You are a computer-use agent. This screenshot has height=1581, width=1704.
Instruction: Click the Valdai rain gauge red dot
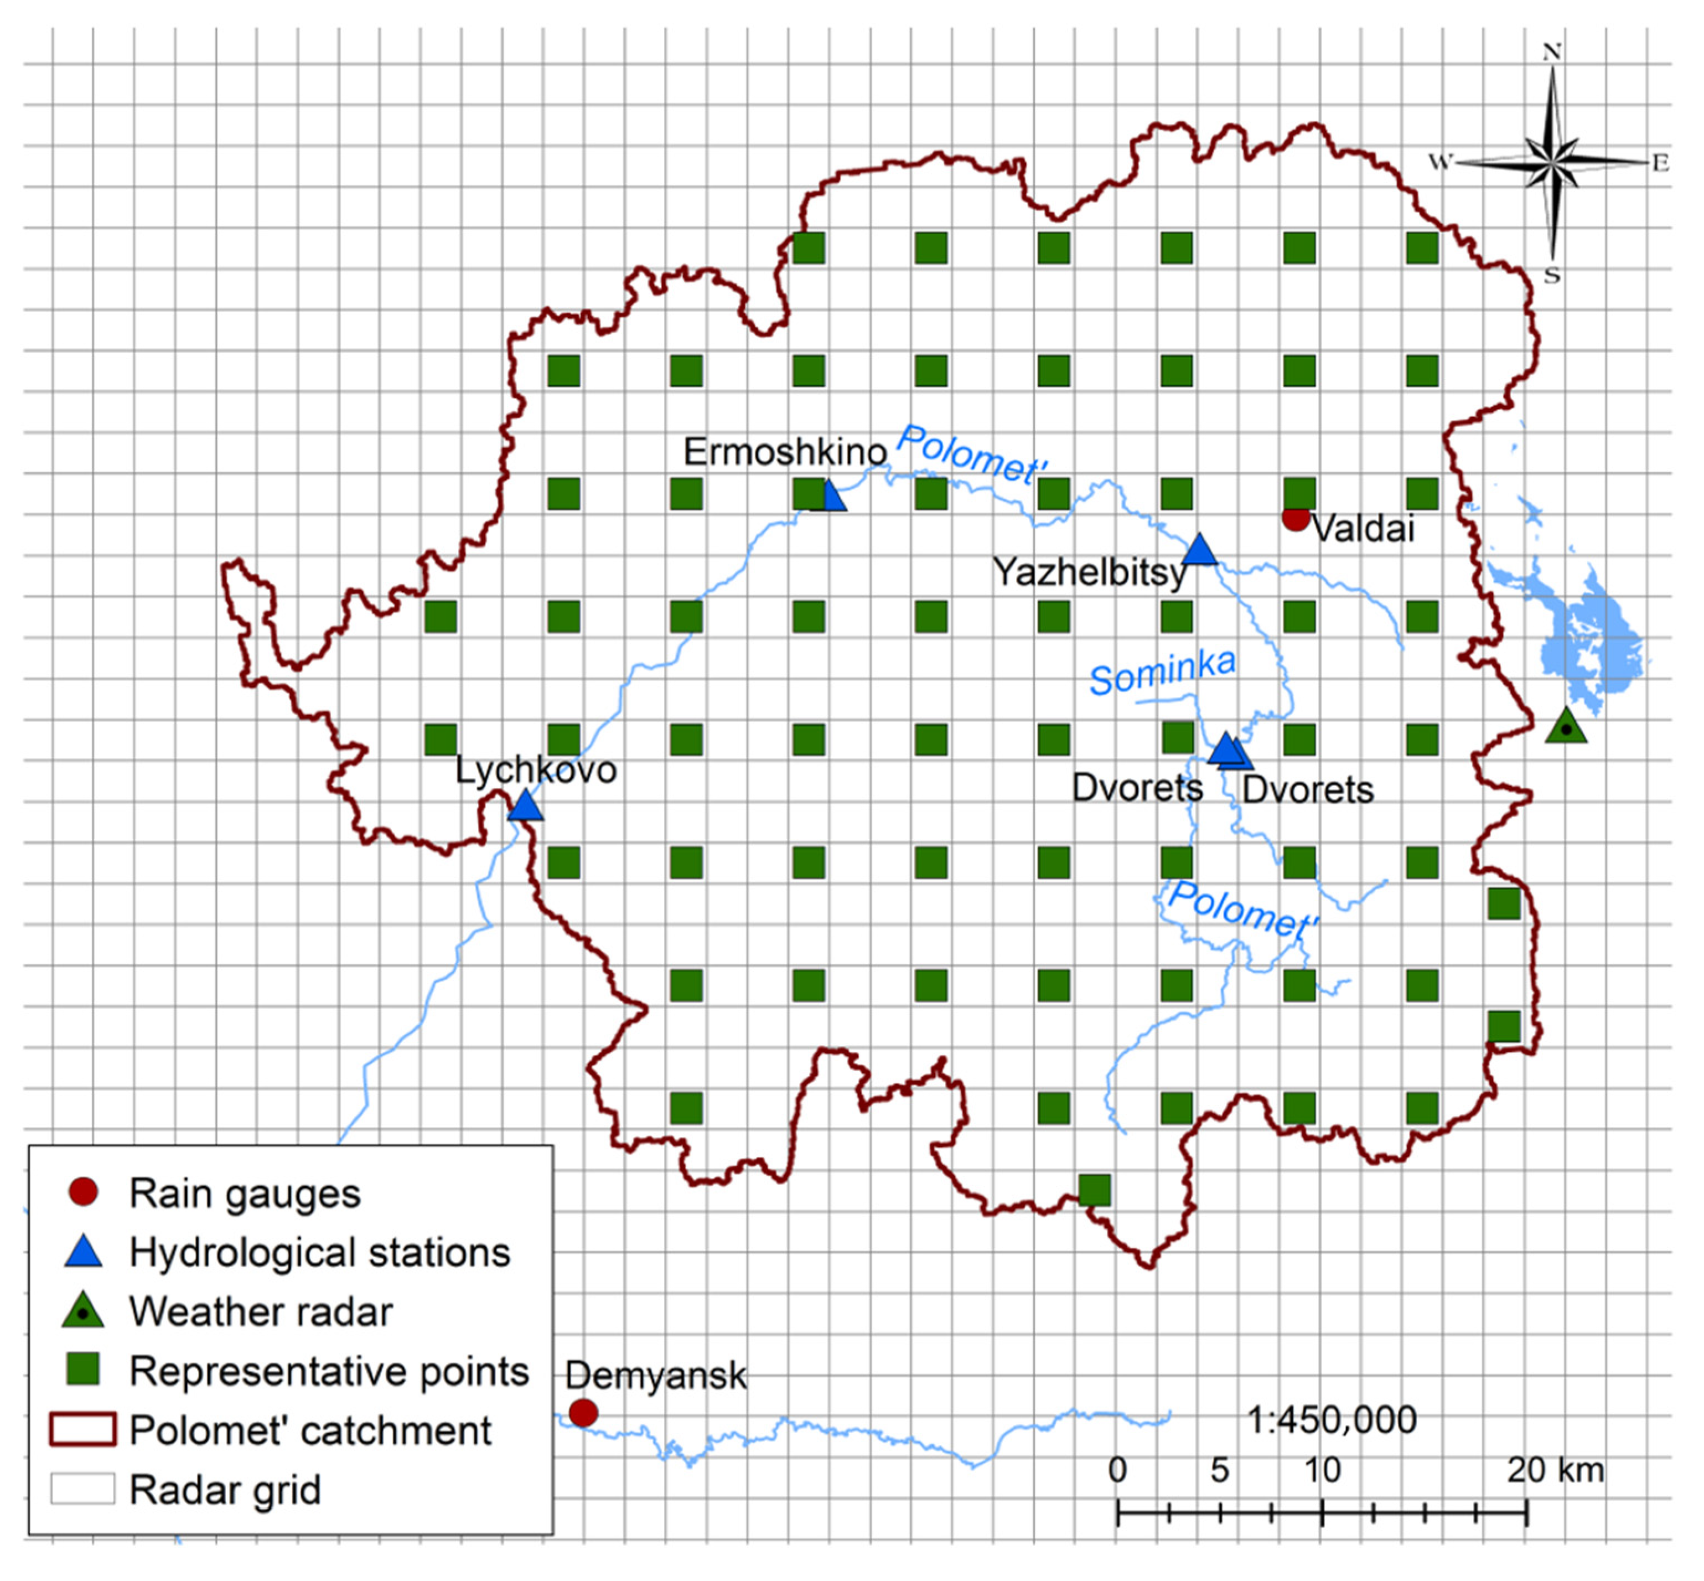1295,518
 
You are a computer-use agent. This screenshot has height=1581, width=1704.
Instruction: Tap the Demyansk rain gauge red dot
583,1413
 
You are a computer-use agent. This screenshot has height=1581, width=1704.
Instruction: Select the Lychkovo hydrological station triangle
525,806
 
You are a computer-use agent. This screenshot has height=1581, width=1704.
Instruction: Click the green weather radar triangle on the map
1566,726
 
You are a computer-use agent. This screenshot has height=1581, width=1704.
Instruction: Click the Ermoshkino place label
784,452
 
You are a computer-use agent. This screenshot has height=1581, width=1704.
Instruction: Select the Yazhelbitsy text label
1089,571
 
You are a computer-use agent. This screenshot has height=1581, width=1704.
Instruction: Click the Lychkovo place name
536,770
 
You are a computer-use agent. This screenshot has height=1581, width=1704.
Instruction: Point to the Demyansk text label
655,1376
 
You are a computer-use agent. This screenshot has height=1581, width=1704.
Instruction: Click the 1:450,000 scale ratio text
1331,1420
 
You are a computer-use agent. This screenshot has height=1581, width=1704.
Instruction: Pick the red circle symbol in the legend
83,1192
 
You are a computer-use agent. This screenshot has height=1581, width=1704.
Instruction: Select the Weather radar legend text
261,1311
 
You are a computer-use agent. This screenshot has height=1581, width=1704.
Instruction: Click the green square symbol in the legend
83,1369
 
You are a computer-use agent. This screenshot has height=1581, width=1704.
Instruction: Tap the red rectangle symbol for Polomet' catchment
83,1429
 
